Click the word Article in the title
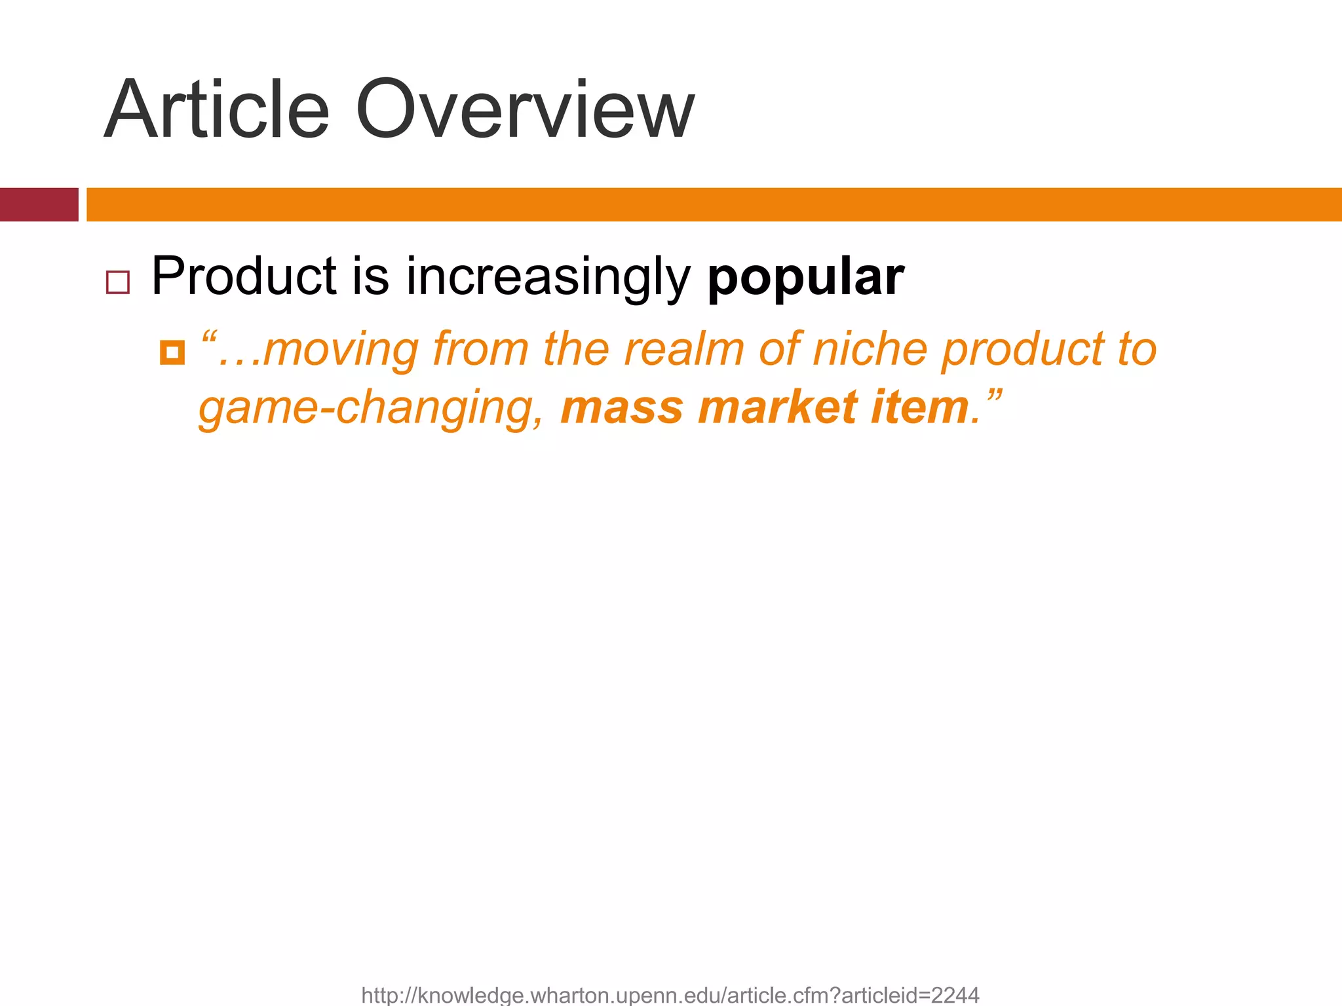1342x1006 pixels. click(x=216, y=110)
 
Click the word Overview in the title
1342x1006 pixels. click(x=524, y=110)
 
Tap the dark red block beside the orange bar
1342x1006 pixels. click(x=39, y=204)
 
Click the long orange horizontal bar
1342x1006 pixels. click(x=714, y=204)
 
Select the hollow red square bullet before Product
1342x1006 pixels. click(x=118, y=282)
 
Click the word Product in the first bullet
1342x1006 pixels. click(x=244, y=276)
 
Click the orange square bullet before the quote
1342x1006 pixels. click(x=172, y=352)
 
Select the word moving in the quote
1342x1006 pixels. click(x=341, y=349)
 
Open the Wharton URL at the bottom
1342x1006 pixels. click(x=670, y=995)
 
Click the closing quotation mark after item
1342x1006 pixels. click(x=992, y=395)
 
